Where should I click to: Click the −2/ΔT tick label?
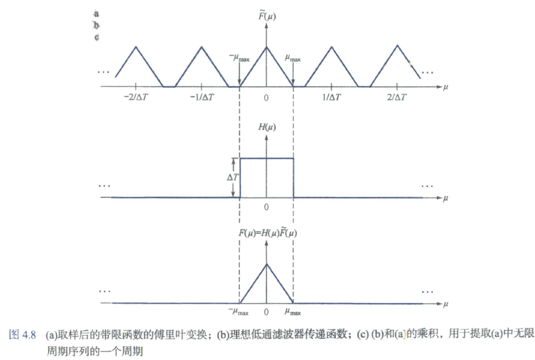[x=137, y=98]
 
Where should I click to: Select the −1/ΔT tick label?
[x=201, y=98]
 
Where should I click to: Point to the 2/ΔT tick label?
[x=397, y=98]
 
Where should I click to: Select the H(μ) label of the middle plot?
[x=267, y=127]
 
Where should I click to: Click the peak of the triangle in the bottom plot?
[x=267, y=263]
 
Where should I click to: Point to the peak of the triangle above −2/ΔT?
[x=137, y=46]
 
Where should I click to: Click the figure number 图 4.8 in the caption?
[x=23, y=335]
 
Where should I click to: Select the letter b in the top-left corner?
[x=97, y=25]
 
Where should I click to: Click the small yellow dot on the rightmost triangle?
[x=410, y=64]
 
